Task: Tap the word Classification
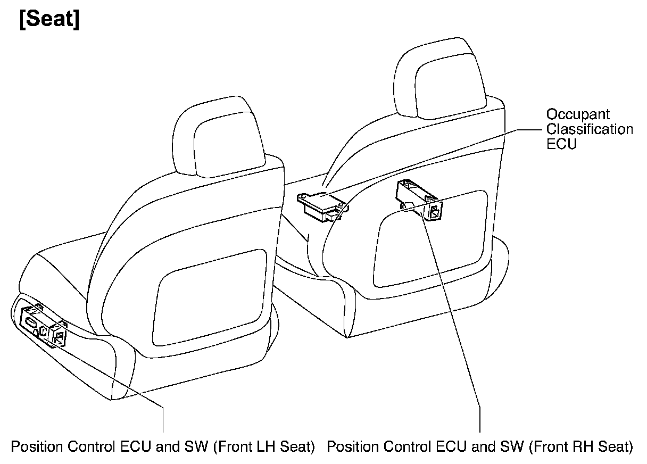click(590, 129)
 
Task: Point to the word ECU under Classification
click(561, 144)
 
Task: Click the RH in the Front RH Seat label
click(576, 446)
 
